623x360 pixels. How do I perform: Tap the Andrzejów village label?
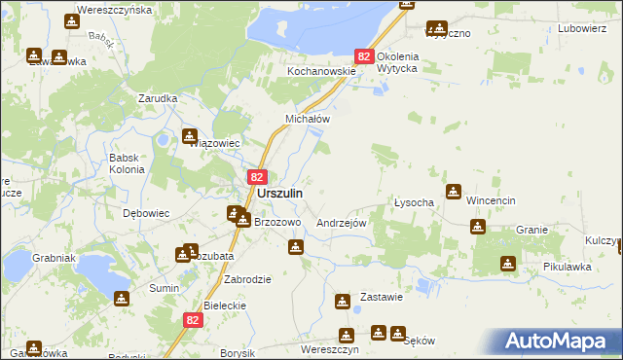click(341, 222)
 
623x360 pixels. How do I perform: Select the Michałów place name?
click(308, 119)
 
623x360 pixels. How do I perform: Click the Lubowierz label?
click(582, 28)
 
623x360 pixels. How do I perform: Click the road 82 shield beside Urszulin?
click(257, 177)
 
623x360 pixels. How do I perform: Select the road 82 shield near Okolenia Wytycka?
click(364, 58)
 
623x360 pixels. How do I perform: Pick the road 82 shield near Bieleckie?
click(193, 319)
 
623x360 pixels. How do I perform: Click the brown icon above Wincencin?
click(454, 192)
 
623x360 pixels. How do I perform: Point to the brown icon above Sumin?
click(121, 299)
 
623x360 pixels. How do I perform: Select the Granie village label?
click(532, 230)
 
